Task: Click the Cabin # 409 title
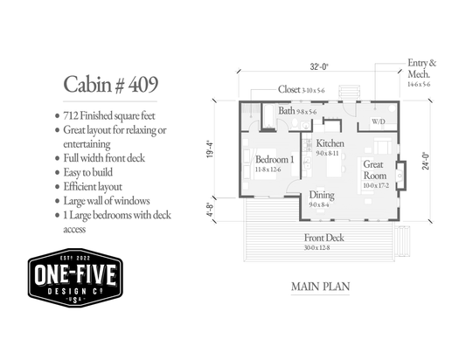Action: (110, 85)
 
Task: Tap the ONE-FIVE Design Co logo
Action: (75, 277)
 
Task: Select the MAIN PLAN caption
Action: (320, 287)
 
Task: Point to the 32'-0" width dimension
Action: (319, 66)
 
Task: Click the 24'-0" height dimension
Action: (426, 161)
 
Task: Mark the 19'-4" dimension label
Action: (210, 149)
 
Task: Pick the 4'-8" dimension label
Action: (210, 210)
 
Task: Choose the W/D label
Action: (379, 121)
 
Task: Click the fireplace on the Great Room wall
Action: (400, 176)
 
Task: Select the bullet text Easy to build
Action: (88, 173)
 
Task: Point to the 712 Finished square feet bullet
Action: (109, 116)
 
